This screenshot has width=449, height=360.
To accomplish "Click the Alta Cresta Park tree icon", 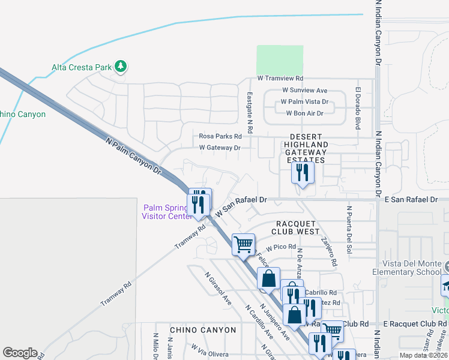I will point(121,67).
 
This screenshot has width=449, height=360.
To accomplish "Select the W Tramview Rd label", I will point(280,79).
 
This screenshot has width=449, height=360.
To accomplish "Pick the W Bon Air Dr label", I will point(304,113).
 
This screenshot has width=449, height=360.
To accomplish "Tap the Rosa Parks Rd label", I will point(220,136).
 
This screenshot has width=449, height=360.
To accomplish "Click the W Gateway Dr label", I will point(220,147).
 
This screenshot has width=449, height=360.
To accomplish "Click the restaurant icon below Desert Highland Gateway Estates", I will point(302,173).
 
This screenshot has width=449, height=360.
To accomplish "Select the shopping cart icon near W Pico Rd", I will point(243,244).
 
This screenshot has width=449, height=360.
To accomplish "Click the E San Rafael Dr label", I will point(411,199).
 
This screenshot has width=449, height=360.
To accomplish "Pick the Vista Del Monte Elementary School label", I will point(412,268).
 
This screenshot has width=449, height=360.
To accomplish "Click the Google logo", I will point(20,353).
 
